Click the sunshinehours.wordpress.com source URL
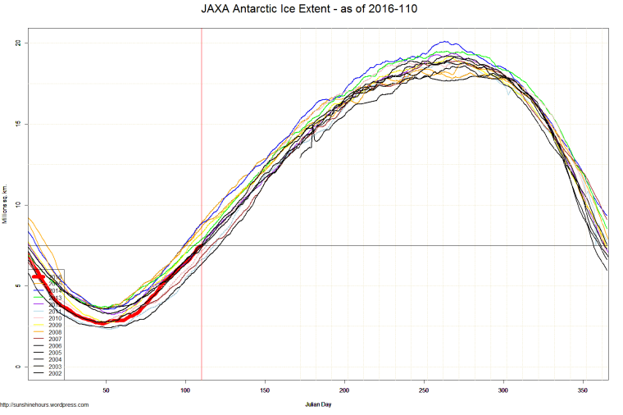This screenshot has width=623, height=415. click(44, 404)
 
